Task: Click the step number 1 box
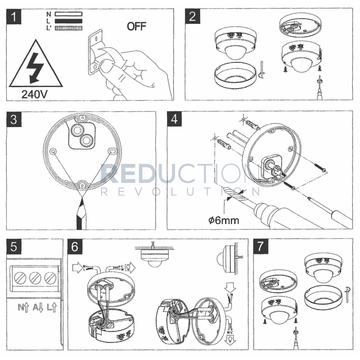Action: click(14, 17)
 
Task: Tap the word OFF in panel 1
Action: click(137, 26)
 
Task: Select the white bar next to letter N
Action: click(69, 14)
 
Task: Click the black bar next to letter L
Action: click(69, 21)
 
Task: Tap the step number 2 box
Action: click(193, 17)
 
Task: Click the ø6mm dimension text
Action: click(224, 220)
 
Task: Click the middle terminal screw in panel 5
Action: click(35, 278)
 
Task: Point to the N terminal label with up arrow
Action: click(23, 308)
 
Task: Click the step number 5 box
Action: click(14, 247)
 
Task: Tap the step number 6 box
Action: click(75, 247)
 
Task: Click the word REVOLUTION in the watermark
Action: click(180, 191)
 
